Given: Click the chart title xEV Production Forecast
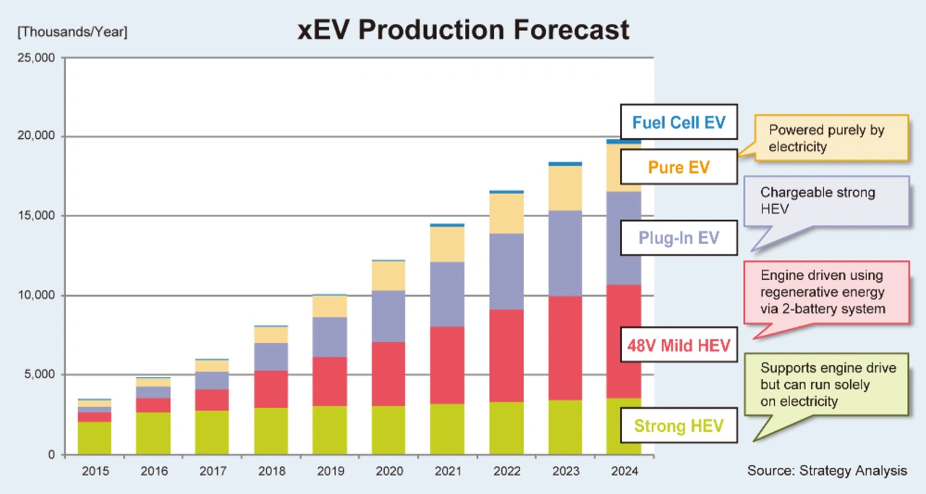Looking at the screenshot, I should (464, 30).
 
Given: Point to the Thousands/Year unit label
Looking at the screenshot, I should (72, 33).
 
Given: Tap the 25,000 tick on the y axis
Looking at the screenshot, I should (35, 57).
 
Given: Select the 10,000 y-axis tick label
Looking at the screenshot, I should (35, 295).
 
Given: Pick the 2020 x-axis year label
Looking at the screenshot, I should (388, 472).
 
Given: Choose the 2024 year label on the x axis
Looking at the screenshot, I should (624, 472).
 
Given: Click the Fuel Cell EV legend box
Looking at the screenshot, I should (679, 122).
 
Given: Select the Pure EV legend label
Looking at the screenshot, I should (679, 168).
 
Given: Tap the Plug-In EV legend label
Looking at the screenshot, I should (679, 237).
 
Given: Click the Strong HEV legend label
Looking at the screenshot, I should (679, 425).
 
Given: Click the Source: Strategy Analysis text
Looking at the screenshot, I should (827, 471).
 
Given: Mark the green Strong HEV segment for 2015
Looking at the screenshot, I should (95, 438).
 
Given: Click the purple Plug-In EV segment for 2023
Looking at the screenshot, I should (565, 253).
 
